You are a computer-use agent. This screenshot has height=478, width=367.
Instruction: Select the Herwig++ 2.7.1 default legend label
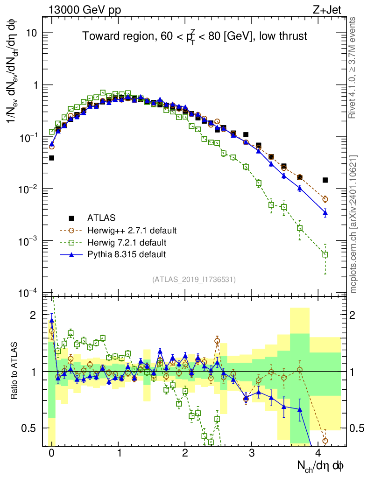tap(131, 230)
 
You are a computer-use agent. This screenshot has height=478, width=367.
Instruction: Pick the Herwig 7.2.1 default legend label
tap(127, 242)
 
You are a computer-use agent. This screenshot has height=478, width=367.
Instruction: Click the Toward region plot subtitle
tap(195, 36)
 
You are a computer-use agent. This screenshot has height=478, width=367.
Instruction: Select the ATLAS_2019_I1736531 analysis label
tap(194, 280)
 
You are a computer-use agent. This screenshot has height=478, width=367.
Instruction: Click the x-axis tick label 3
tap(252, 453)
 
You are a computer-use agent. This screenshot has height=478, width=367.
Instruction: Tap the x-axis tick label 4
tap(318, 453)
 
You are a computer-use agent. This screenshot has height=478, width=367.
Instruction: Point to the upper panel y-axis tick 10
tap(34, 34)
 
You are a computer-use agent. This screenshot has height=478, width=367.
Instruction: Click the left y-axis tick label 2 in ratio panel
tap(33, 316)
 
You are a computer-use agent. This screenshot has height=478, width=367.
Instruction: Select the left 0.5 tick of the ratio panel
tap(30, 428)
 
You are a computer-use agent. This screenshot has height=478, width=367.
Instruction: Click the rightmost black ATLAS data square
tap(325, 180)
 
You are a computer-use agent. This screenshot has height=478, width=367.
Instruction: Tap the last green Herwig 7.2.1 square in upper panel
tap(325, 254)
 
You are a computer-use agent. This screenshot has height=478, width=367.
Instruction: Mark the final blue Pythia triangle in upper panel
tap(325, 213)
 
